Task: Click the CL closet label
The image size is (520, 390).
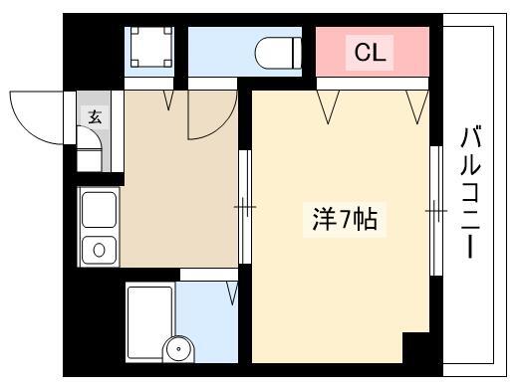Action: (370, 53)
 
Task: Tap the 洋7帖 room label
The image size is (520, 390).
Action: (345, 220)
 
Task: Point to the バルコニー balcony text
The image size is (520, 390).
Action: (470, 193)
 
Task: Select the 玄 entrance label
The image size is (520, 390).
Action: (95, 117)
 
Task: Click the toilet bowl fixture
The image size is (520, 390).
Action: (278, 53)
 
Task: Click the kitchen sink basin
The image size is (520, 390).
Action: (99, 210)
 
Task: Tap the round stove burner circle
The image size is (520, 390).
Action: (99, 250)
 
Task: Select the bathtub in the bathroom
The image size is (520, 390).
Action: (150, 322)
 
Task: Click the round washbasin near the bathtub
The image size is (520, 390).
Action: (178, 349)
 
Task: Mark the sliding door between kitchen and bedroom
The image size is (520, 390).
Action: (245, 207)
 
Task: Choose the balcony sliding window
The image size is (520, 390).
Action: (436, 211)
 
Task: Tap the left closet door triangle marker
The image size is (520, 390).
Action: (328, 106)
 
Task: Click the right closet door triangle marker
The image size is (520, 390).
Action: (417, 106)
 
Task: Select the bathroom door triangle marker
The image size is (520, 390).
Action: (233, 293)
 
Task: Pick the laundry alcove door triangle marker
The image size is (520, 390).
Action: (169, 100)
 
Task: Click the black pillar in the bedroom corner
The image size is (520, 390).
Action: (416, 348)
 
